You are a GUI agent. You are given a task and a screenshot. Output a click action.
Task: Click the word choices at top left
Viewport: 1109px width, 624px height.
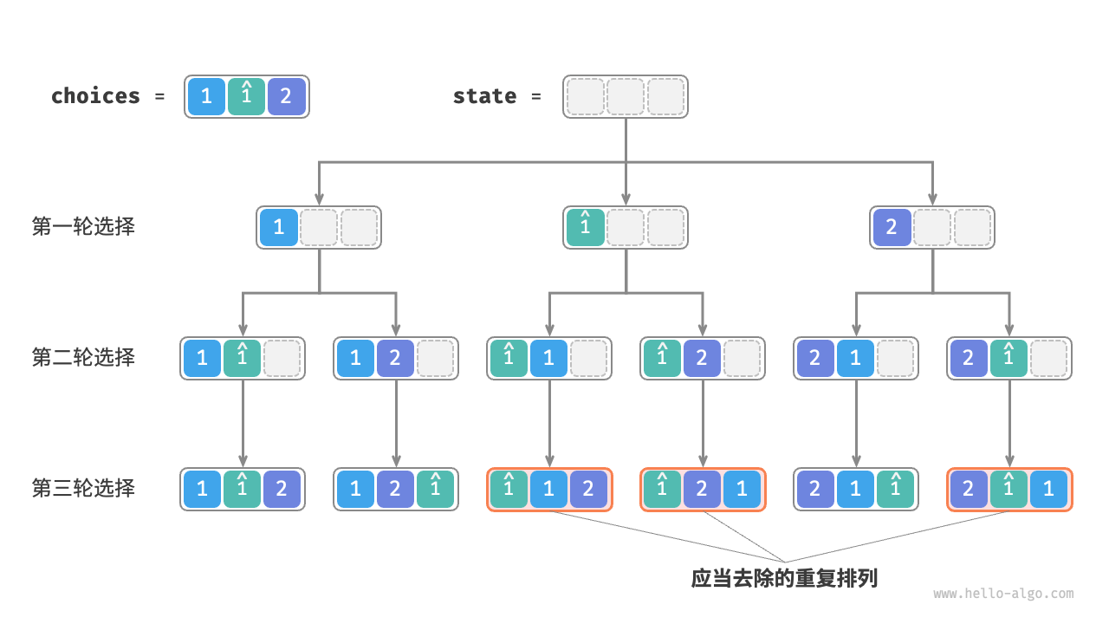pos(95,96)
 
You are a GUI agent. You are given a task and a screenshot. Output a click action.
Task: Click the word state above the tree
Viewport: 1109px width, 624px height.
pos(484,96)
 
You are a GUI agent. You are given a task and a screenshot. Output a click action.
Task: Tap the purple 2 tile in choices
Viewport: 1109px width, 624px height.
pos(286,96)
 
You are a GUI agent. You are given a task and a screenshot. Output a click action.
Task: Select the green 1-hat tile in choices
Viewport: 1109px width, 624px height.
pos(246,96)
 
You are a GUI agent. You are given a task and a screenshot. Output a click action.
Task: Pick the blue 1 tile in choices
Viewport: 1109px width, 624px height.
pos(206,96)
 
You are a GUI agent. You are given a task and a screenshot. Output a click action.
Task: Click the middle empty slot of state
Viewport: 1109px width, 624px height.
pos(626,96)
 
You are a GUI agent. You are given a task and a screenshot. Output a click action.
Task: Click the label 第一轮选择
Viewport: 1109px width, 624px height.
pos(83,227)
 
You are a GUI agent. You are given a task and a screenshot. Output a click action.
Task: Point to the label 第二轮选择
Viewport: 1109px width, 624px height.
pos(83,357)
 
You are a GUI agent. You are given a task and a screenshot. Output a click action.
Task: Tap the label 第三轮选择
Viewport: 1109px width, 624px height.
pos(83,488)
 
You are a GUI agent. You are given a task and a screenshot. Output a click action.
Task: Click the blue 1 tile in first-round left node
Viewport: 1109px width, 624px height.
pos(278,227)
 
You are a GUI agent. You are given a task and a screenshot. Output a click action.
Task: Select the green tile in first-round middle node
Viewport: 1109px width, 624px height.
pos(585,227)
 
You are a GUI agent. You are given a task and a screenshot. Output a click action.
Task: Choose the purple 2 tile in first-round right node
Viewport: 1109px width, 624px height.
pos(892,227)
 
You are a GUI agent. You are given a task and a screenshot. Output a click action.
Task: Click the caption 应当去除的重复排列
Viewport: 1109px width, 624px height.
pos(784,578)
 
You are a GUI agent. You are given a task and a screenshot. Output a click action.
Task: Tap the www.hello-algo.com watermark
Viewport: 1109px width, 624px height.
pos(1003,594)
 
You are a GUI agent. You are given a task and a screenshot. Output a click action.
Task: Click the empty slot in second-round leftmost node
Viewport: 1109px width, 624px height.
pos(282,358)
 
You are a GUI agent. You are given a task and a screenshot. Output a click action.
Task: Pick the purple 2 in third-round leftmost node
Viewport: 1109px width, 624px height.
pos(282,489)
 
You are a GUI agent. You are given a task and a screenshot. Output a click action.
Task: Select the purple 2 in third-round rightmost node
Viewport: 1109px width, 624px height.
pos(969,489)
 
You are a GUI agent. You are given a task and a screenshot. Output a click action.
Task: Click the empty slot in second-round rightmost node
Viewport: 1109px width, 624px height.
pos(1049,358)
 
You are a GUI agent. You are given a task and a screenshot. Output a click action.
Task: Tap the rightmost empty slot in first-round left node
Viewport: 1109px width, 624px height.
pos(360,227)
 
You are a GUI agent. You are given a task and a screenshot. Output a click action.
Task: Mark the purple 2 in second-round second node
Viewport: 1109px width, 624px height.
pos(395,358)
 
